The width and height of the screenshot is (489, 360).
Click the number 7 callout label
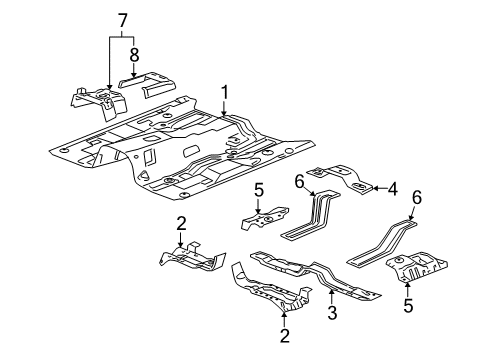tap(122, 19)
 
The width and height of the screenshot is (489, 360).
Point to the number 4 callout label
tap(393, 187)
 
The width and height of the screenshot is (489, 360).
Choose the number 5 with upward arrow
tap(408, 305)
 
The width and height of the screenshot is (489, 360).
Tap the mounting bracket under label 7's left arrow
tap(100, 100)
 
